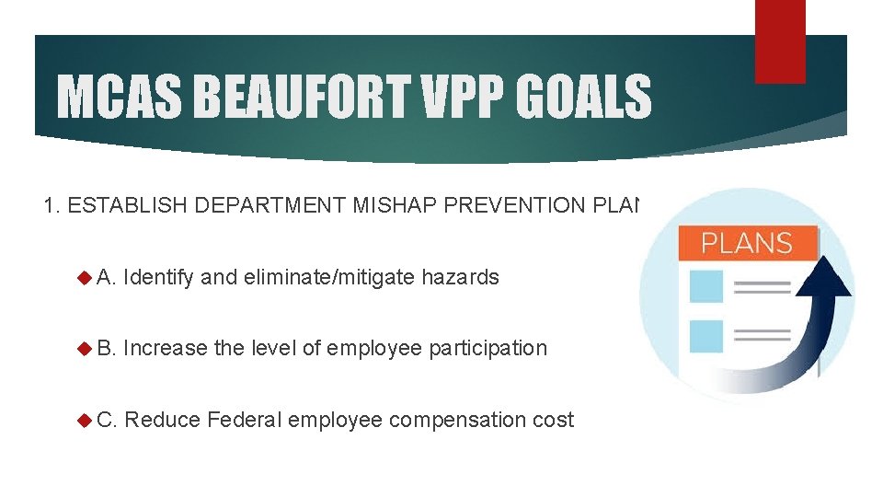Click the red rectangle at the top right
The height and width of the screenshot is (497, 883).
pyautogui.click(x=780, y=41)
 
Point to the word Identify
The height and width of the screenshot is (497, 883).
pyautogui.click(x=157, y=277)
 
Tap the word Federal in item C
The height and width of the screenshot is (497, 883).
pyautogui.click(x=244, y=420)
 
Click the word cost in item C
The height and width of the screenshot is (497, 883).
pyautogui.click(x=554, y=420)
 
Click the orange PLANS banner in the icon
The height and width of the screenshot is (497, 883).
pyautogui.click(x=747, y=243)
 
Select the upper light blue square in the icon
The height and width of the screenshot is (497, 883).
pyautogui.click(x=706, y=286)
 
